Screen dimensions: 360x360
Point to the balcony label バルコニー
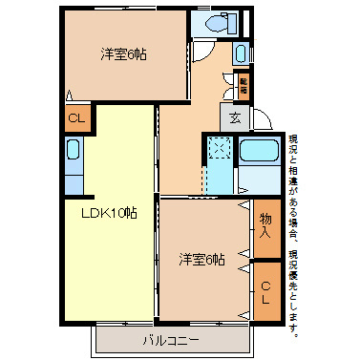point(172,339)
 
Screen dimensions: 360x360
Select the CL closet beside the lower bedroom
point(266,291)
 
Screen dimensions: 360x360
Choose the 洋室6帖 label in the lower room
point(201,259)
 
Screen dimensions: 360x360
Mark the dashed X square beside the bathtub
point(219,149)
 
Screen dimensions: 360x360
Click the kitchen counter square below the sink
point(74,181)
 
